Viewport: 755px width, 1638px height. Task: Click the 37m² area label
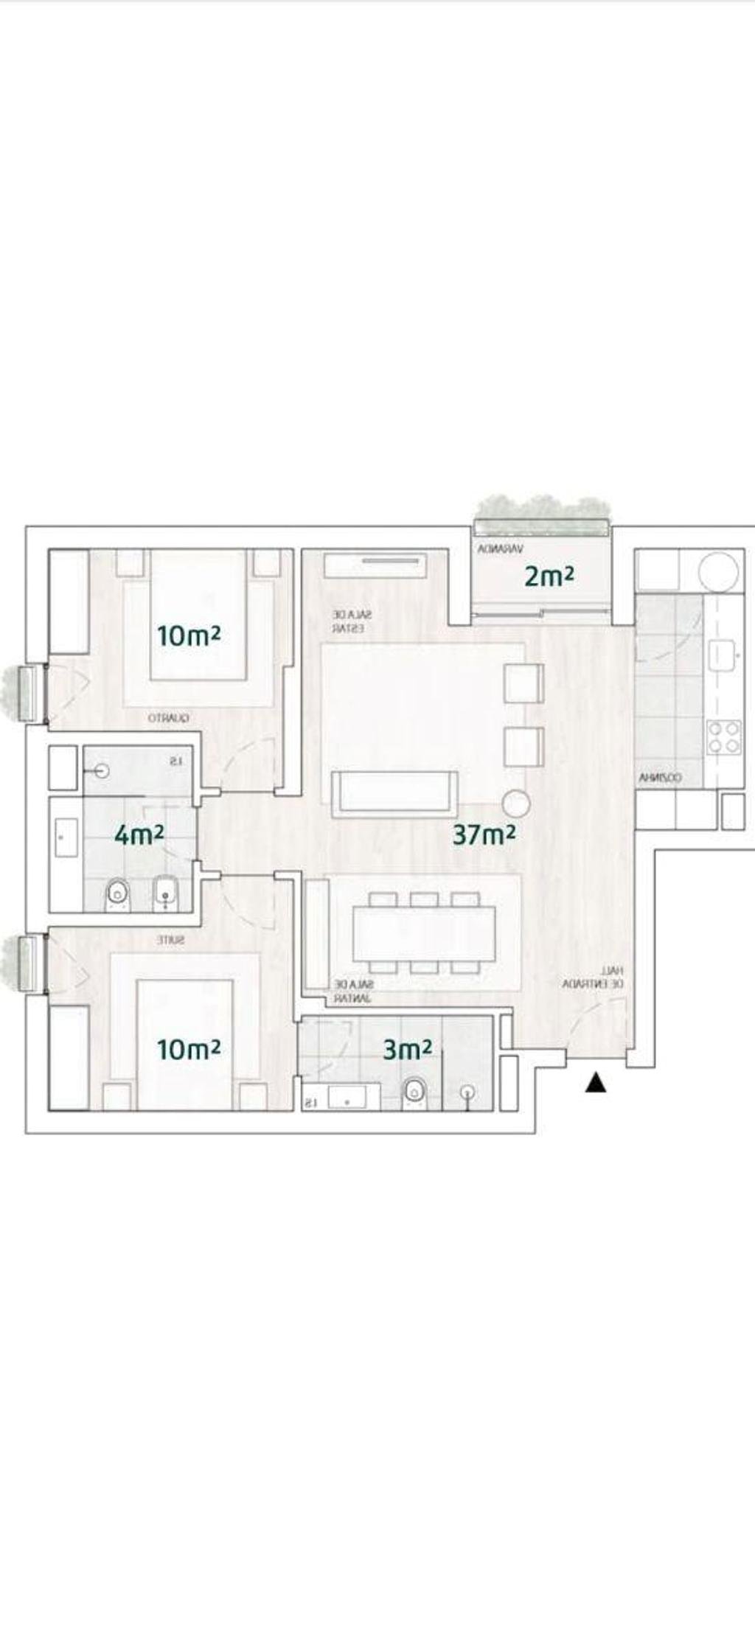(x=484, y=834)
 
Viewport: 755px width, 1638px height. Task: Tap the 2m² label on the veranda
(x=549, y=576)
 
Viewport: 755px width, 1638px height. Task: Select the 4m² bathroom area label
(x=139, y=834)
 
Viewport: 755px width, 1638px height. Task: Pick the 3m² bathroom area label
(x=407, y=1049)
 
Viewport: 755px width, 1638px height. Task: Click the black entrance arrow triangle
(x=596, y=1083)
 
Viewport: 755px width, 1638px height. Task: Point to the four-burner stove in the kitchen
(x=723, y=737)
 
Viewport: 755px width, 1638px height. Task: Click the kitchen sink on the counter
(x=723, y=653)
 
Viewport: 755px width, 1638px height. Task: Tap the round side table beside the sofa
(x=515, y=804)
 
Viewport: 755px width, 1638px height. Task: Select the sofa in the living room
(x=394, y=794)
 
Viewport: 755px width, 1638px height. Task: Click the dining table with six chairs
(x=424, y=933)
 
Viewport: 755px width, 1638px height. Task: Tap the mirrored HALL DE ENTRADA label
(x=594, y=977)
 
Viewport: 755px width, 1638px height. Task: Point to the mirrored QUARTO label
(x=169, y=717)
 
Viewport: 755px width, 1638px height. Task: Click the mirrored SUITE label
(x=171, y=940)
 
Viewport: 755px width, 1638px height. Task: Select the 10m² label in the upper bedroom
(x=189, y=635)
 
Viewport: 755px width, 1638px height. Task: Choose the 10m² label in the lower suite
(x=189, y=1049)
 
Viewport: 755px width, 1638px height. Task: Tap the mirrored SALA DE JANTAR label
(x=353, y=991)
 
